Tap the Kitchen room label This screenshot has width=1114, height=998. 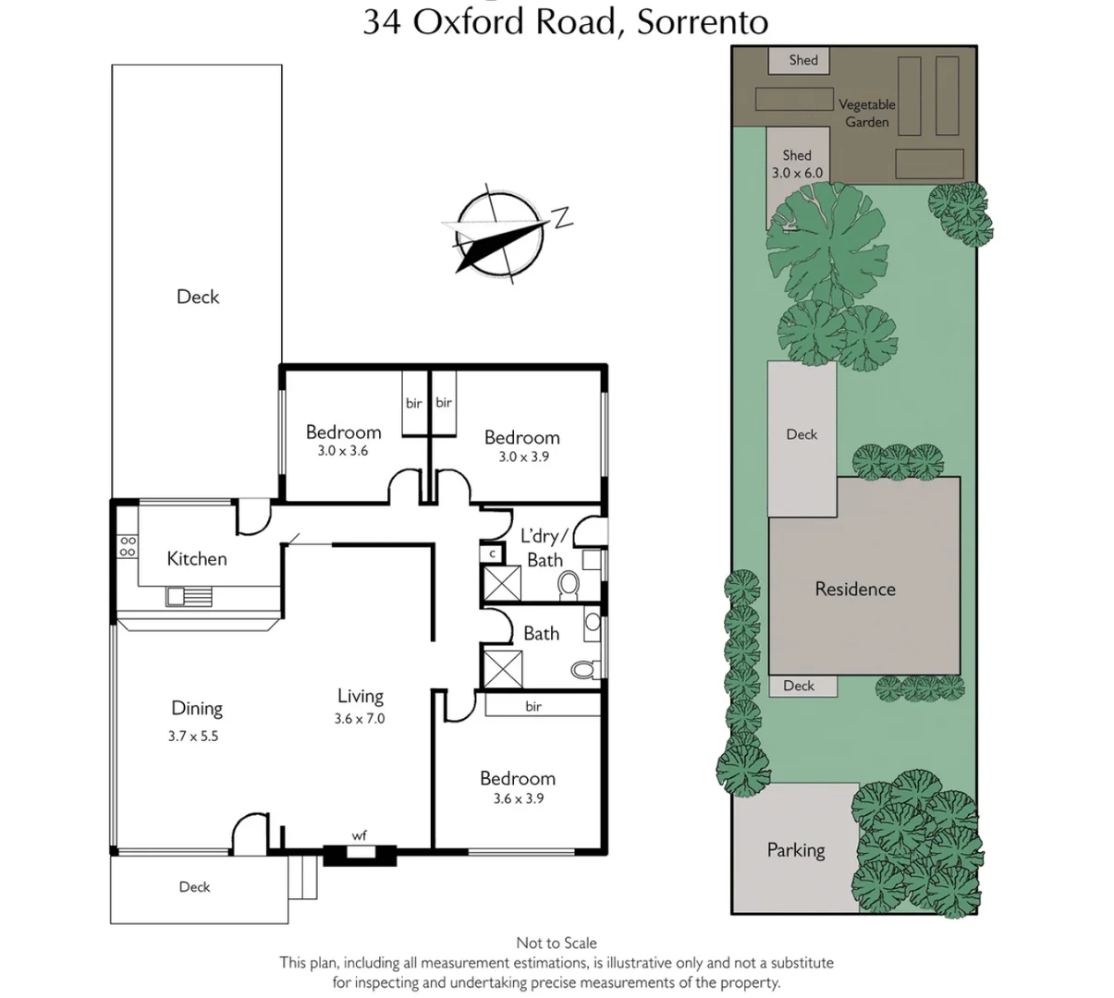[197, 558]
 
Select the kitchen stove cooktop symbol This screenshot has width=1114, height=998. [127, 546]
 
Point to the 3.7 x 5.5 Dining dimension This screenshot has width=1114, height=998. [193, 736]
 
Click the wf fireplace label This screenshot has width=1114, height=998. [360, 836]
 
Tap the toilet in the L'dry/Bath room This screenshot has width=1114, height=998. [569, 583]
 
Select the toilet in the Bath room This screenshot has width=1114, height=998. [581, 668]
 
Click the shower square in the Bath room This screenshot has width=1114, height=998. [503, 668]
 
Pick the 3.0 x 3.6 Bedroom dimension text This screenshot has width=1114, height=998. [343, 451]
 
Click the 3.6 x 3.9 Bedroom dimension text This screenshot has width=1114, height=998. [518, 798]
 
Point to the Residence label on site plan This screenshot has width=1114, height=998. [855, 589]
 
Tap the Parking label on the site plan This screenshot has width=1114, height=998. [796, 850]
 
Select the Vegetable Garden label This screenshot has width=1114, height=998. [867, 113]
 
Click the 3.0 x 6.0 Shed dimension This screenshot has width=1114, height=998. [797, 173]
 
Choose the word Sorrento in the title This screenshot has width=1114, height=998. [703, 21]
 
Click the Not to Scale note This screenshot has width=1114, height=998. [557, 943]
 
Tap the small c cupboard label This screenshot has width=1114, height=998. [492, 554]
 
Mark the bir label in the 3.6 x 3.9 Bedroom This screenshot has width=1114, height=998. [533, 706]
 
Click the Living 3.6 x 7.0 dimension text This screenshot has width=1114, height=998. [360, 718]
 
